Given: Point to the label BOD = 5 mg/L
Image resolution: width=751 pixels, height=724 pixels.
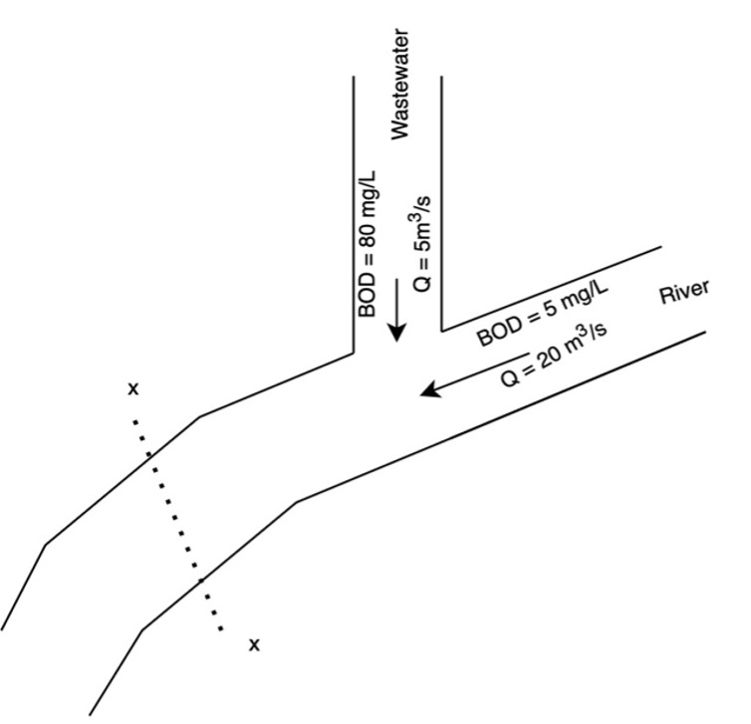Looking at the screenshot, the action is pyautogui.click(x=543, y=312).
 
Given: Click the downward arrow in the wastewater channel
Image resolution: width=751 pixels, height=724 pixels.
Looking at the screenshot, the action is pyautogui.click(x=397, y=323).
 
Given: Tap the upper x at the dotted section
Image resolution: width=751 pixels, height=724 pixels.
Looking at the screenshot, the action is pyautogui.click(x=132, y=388).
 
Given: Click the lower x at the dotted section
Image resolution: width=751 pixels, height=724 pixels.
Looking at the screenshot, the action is pyautogui.click(x=254, y=645).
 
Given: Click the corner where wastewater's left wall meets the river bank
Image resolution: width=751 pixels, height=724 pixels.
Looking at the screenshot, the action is pyautogui.click(x=355, y=353).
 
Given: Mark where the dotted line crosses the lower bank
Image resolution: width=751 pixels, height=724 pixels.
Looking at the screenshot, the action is pyautogui.click(x=201, y=580).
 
